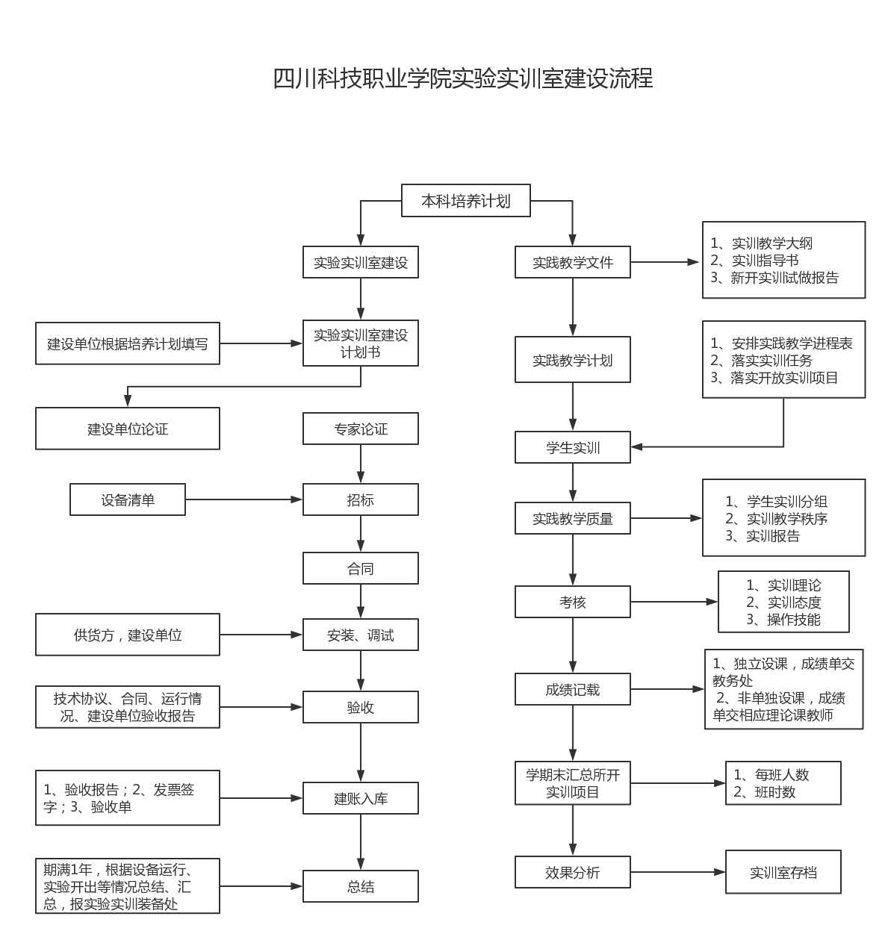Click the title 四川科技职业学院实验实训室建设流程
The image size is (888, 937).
coord(462,78)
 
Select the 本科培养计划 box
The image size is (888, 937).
coord(465,201)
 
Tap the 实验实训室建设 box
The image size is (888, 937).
coord(360,263)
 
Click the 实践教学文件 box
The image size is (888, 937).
coord(572,263)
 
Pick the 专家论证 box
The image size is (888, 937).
coord(360,429)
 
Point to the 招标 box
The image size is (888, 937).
coord(360,500)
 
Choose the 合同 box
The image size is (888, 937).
coord(360,569)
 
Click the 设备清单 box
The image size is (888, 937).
coord(127,500)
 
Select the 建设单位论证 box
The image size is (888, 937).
coord(127,429)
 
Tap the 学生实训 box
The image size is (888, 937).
coord(572,448)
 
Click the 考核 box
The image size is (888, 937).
coord(572,603)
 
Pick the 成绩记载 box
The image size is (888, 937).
coord(572,690)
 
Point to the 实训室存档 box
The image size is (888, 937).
coord(783,872)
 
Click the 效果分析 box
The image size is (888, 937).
coord(572,873)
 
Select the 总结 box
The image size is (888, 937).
coord(360,887)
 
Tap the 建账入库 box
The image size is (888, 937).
coord(360,799)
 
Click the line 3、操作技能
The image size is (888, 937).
coord(783,620)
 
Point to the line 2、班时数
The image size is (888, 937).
coord(764,792)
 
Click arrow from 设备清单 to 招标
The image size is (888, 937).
coord(243,499)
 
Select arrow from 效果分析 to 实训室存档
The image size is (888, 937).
coord(677,872)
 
